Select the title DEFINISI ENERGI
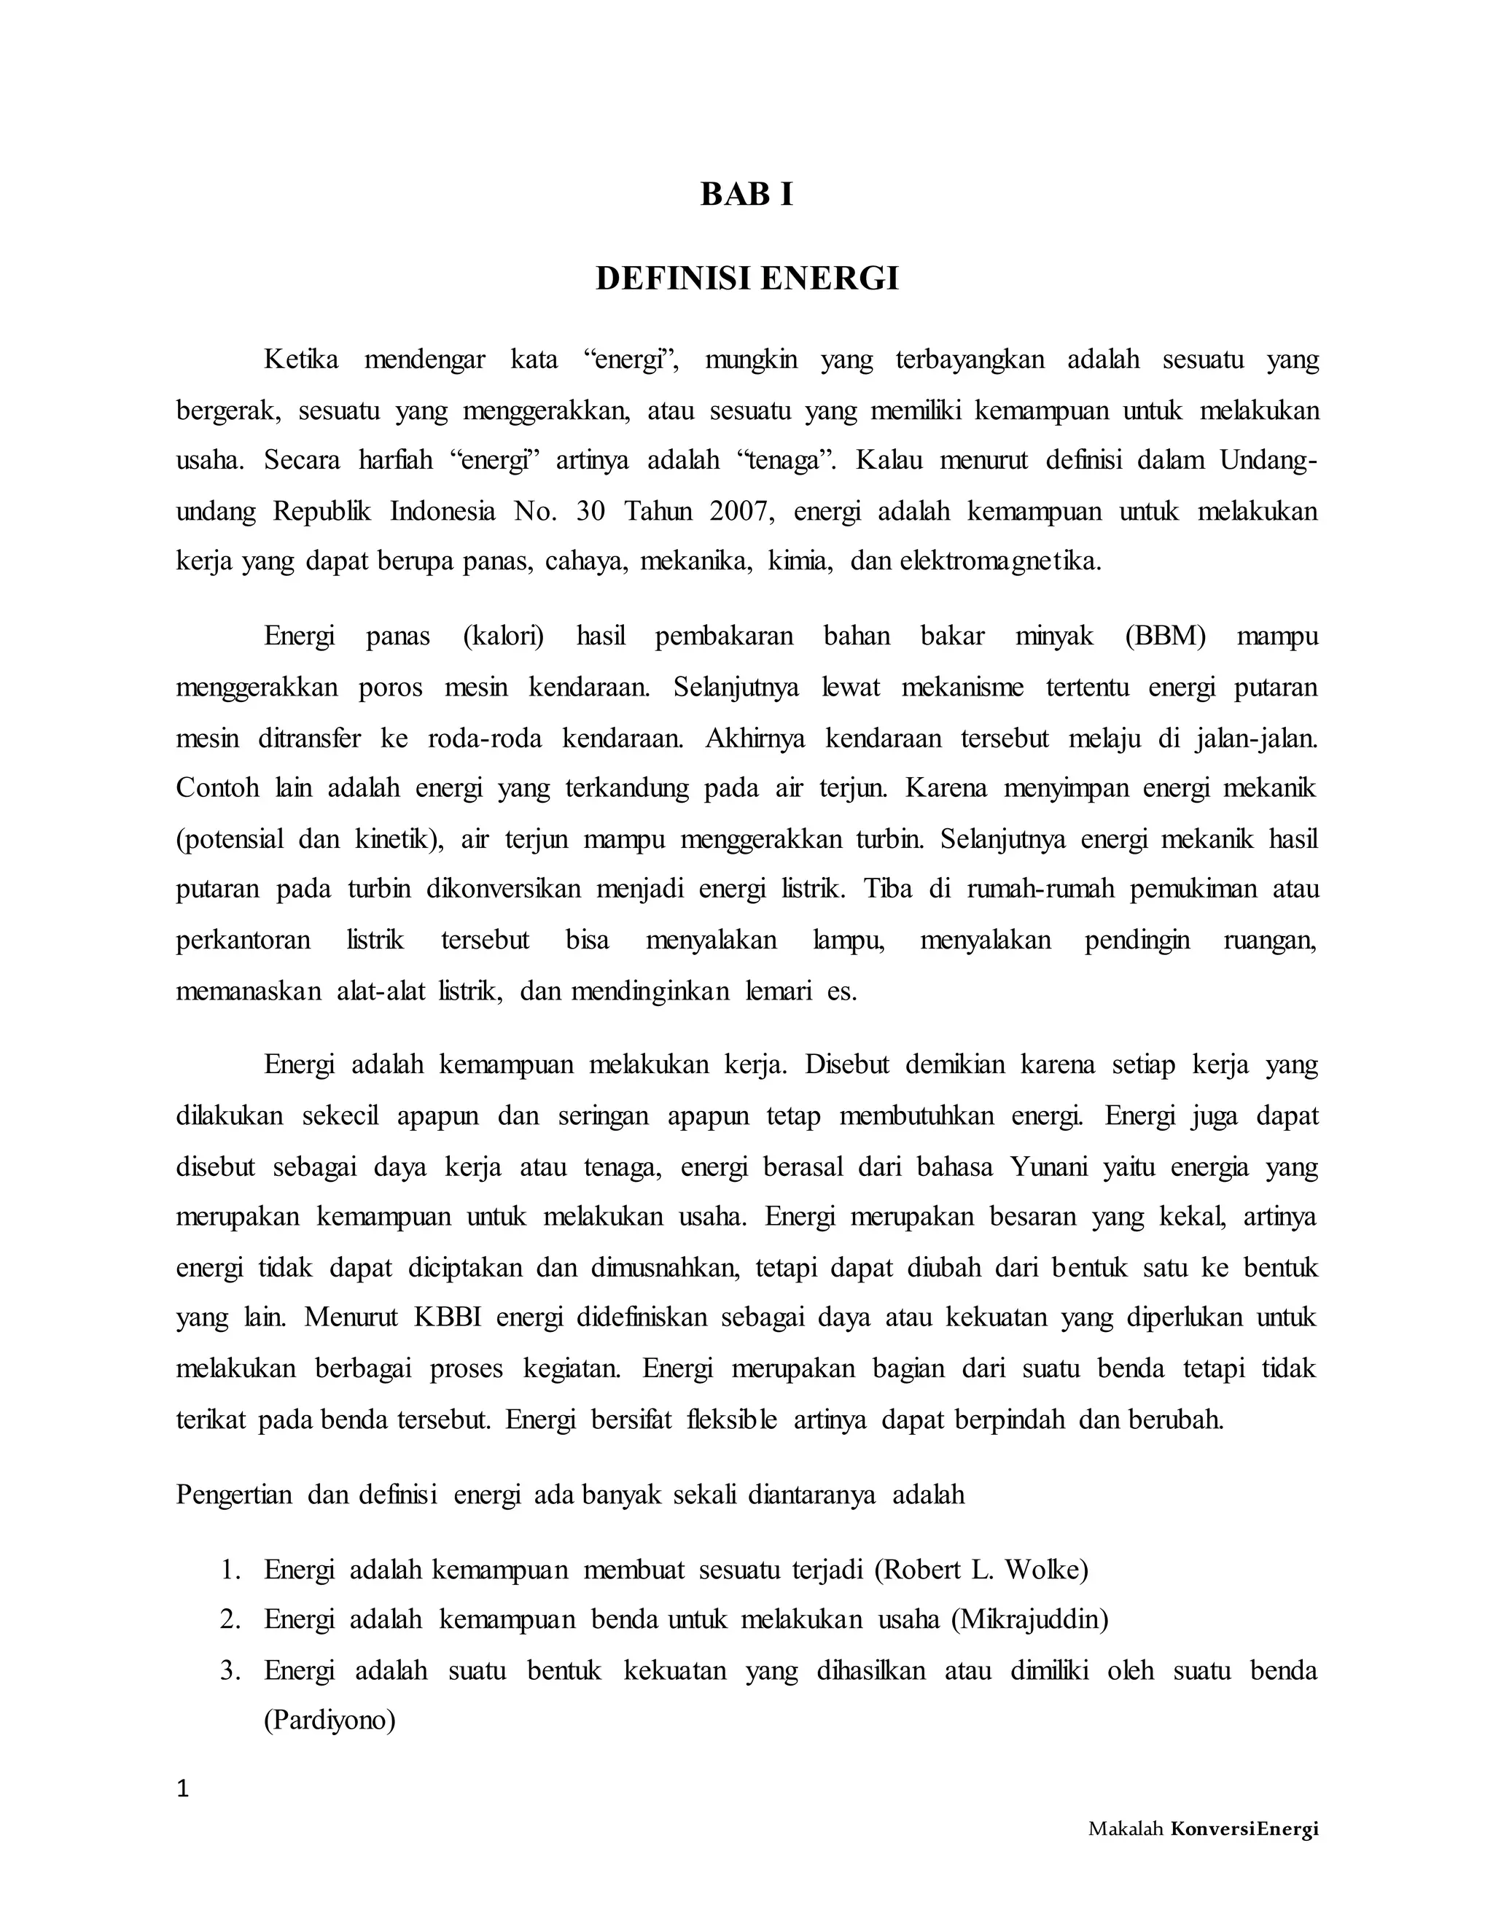click(746, 278)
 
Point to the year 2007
click(744, 511)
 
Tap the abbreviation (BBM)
click(1165, 636)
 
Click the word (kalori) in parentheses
click(503, 636)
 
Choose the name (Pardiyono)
click(329, 1721)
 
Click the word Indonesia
click(443, 511)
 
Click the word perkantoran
click(243, 940)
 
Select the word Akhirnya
click(755, 738)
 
